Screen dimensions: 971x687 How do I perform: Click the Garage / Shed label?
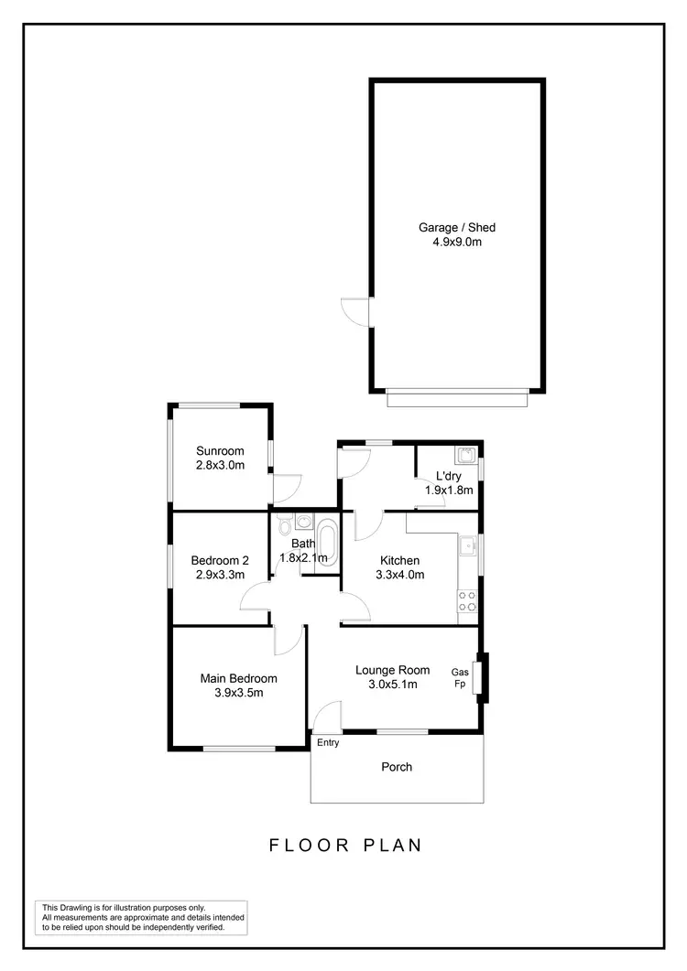(457, 227)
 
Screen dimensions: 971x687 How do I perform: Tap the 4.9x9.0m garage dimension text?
(457, 243)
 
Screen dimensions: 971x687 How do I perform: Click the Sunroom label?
(220, 450)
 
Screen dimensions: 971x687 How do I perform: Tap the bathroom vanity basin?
(303, 522)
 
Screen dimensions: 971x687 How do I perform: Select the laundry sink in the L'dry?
(464, 455)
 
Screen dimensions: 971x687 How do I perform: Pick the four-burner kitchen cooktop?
(467, 600)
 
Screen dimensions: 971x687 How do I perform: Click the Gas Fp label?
(460, 677)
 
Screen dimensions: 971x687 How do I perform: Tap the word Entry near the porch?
(328, 743)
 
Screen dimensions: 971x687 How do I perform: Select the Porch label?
(397, 767)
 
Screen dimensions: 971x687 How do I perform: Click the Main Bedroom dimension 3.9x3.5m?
(238, 693)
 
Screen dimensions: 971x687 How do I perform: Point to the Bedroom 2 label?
(220, 560)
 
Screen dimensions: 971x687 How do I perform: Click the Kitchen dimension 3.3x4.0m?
(399, 575)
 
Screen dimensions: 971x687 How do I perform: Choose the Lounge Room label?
(392, 670)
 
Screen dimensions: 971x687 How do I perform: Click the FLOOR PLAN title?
(345, 845)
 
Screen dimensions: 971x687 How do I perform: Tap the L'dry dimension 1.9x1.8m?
(449, 490)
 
